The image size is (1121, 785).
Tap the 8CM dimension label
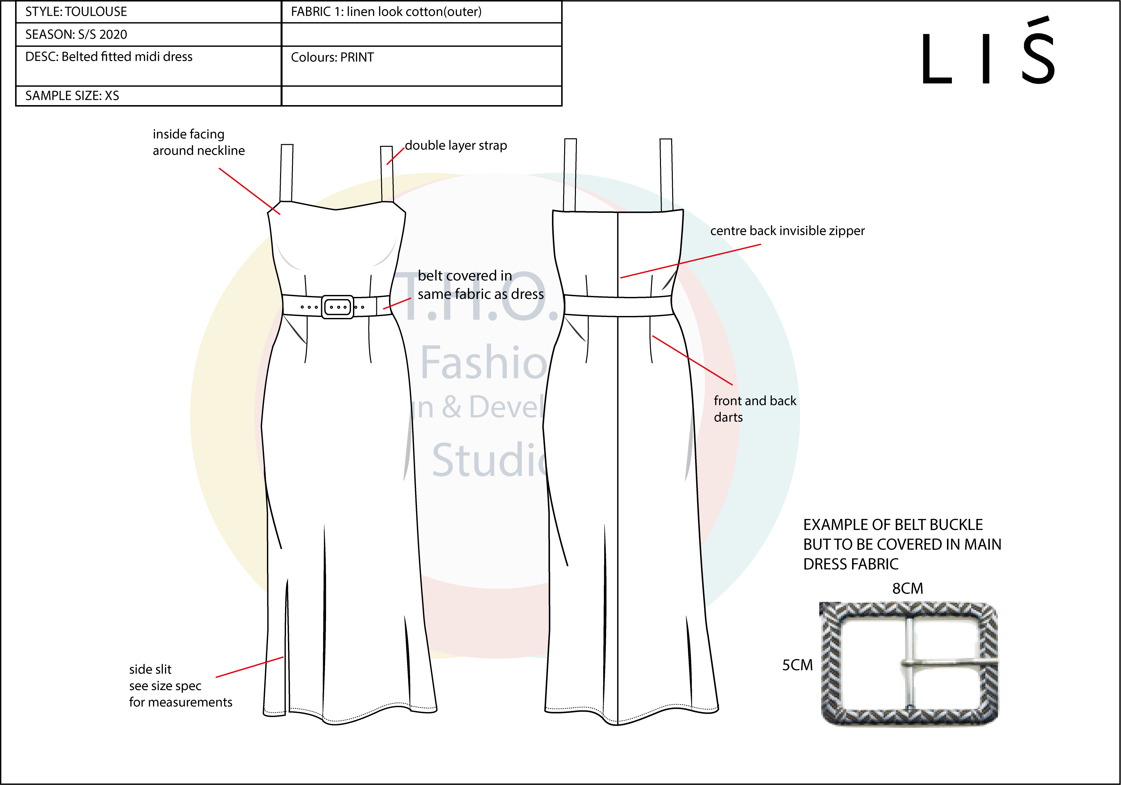click(907, 589)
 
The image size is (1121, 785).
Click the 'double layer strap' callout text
click(455, 146)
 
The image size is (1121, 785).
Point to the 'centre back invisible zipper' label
click(787, 231)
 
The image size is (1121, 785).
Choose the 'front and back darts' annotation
click(754, 409)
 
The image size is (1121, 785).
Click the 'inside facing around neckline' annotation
click(198, 142)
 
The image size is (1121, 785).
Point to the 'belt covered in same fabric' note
click(480, 285)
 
